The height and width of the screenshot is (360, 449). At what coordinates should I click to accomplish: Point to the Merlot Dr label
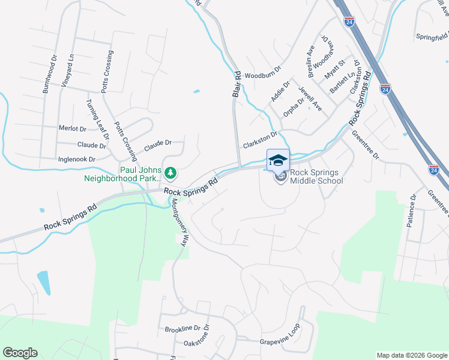tap(73, 129)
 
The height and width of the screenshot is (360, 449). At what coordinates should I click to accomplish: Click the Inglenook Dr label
tap(76, 160)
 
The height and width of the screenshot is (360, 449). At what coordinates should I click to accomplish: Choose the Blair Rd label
tap(237, 85)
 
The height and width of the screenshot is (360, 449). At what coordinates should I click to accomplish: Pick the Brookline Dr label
tap(187, 329)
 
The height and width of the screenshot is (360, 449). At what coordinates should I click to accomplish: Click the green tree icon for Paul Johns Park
tap(171, 173)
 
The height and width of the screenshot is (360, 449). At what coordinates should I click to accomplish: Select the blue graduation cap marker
tap(278, 160)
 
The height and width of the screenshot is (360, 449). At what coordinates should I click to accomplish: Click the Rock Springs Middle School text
tap(316, 177)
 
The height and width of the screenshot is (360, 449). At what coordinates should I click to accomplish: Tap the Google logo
tap(20, 353)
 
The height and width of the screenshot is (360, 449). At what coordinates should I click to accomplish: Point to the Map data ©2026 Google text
tap(411, 355)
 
